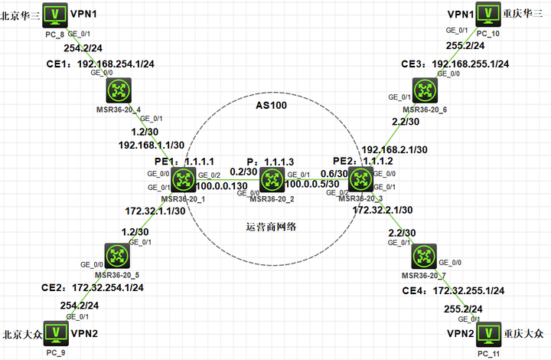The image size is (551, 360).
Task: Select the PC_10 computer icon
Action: tap(487, 14)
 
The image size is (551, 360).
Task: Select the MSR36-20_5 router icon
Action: tap(119, 254)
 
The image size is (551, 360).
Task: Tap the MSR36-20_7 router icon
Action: tap(423, 254)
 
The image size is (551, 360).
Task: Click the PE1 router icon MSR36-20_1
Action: tap(184, 181)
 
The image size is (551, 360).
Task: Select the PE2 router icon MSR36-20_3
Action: tap(359, 181)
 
